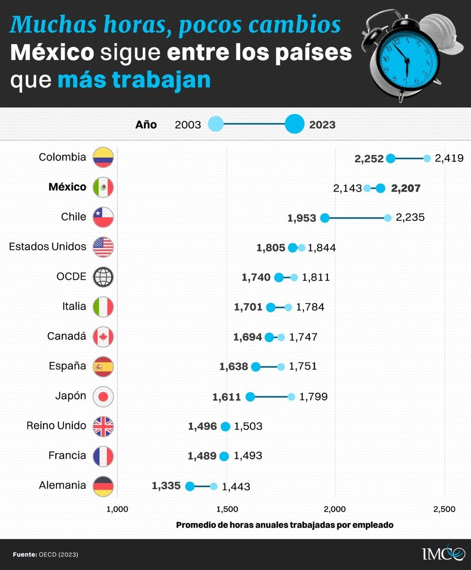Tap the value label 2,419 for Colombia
449,159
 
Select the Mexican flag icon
103,188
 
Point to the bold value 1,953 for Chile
302,218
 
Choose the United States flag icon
103,247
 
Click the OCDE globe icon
103,277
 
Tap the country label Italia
74,306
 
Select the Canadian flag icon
103,337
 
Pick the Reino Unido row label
56,426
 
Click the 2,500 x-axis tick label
445,509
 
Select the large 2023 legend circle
294,124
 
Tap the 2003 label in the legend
188,125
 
